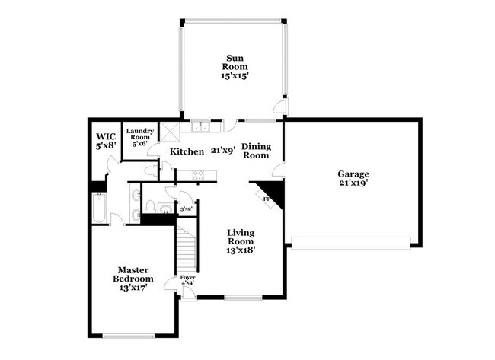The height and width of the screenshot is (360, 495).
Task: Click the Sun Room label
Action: [233, 66]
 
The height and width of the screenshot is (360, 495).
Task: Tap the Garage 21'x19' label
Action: [353, 177]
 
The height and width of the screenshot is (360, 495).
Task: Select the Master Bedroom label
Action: [133, 279]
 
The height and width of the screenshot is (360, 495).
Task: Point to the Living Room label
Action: [240, 240]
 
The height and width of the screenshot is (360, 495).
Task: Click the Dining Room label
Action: [256, 150]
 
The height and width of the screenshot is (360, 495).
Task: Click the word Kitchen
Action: [187, 151]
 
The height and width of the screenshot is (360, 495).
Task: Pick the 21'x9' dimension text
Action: [222, 151]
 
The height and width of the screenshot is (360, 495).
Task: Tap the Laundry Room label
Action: [140, 136]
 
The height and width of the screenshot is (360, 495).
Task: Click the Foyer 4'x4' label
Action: [187, 281]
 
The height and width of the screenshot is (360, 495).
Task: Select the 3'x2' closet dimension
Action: [186, 207]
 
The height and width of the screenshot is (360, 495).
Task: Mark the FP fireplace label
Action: [267, 199]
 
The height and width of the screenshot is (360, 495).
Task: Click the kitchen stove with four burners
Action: [200, 176]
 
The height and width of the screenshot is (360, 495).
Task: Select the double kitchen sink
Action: [201, 127]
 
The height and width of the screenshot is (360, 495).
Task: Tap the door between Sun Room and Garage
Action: [283, 109]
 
